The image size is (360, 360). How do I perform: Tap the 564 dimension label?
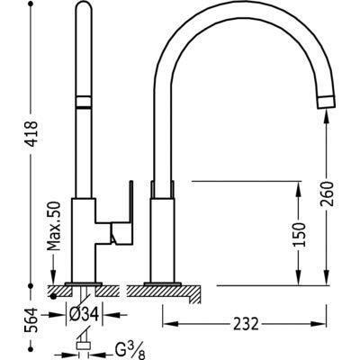[31, 320]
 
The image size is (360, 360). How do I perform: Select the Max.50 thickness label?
[54, 226]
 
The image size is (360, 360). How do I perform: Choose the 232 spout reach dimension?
[245, 324]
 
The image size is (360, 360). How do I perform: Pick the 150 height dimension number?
[299, 235]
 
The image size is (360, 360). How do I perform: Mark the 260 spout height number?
[327, 193]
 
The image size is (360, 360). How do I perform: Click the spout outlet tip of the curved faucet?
[326, 102]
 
